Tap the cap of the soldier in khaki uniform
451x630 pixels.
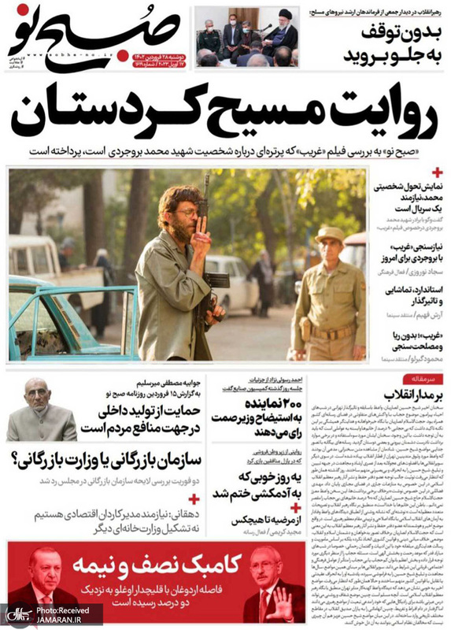pos(331,235)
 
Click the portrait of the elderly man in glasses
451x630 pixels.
pos(40,409)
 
